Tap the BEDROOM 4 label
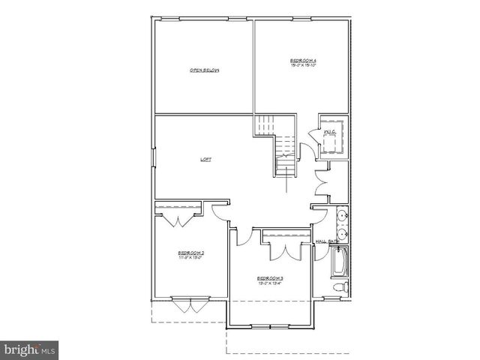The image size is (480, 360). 304,59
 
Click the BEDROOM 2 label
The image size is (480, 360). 191,253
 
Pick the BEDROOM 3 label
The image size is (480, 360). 271,278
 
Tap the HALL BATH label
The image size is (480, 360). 328,241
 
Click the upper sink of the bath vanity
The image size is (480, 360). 343,216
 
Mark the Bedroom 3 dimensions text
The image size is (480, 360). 271,283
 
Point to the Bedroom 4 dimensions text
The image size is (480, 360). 304,65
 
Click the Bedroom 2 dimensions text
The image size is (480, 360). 191,258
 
